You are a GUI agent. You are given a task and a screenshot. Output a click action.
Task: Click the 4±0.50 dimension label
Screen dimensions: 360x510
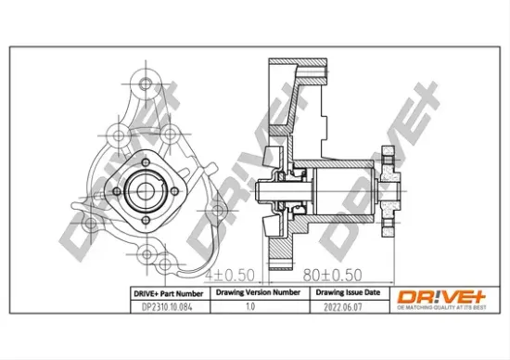pyautogui.click(x=228, y=275)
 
